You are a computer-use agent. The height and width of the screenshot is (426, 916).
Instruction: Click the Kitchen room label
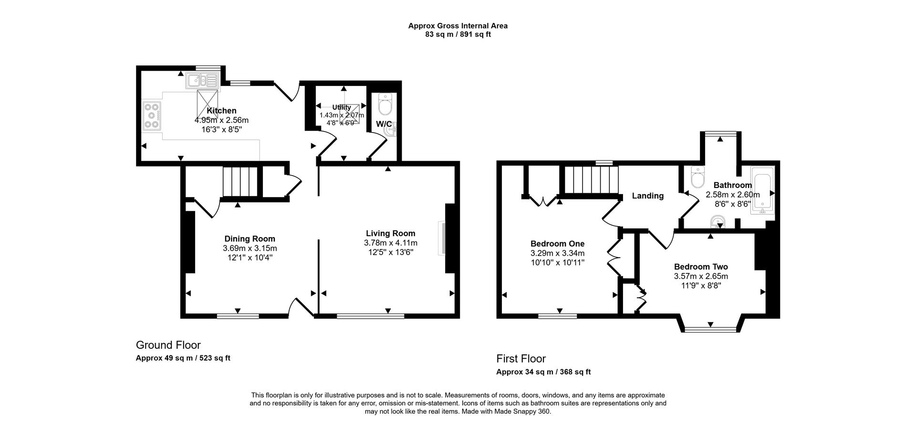(221, 111)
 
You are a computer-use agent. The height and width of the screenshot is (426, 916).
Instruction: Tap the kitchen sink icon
(202, 81)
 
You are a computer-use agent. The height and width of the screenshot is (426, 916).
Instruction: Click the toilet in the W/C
(385, 104)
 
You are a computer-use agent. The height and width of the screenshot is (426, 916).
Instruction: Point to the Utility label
(342, 107)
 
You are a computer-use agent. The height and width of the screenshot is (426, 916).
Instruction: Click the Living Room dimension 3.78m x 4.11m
(390, 243)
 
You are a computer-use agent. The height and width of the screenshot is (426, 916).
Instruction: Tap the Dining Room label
(250, 239)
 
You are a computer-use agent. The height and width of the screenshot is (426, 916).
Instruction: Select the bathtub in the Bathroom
(761, 190)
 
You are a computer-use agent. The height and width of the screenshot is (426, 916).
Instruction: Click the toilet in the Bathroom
(697, 178)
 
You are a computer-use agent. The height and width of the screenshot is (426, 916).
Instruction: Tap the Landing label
(647, 196)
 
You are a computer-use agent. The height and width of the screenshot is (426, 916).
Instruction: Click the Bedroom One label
(557, 244)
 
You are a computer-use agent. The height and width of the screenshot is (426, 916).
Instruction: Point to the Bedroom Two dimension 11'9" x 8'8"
(701, 286)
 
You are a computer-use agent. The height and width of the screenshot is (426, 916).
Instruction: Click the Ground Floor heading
(168, 345)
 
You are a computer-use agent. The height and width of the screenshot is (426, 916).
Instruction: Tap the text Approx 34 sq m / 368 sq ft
(543, 372)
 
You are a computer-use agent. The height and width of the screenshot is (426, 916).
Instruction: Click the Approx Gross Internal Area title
(458, 26)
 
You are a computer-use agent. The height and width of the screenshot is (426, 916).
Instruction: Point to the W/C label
(384, 124)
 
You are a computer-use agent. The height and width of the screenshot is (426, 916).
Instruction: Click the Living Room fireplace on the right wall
(442, 239)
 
